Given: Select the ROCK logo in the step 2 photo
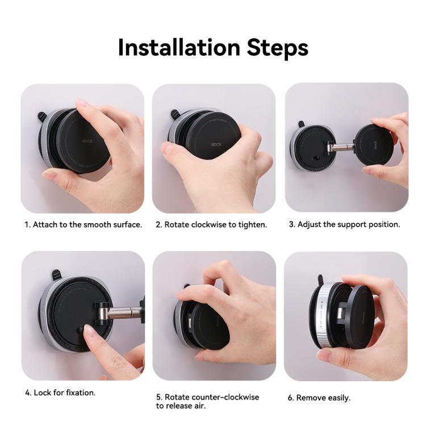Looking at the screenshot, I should (x=216, y=144).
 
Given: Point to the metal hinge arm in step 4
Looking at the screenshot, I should (x=120, y=312).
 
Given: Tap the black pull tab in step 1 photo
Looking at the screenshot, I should (x=42, y=117).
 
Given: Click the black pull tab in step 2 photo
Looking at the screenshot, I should (x=176, y=115).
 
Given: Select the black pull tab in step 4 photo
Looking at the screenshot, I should (x=56, y=275).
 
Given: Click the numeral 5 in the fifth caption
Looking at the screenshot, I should (x=158, y=397).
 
